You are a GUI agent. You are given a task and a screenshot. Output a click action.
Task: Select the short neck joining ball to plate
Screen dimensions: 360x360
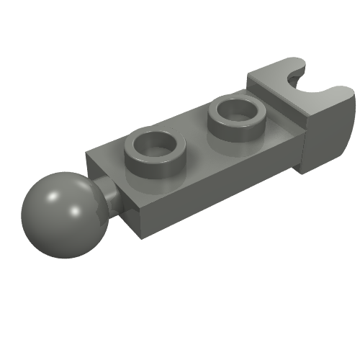tap(106, 196)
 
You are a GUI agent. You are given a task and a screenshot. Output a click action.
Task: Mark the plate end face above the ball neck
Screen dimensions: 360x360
tap(108, 173)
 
